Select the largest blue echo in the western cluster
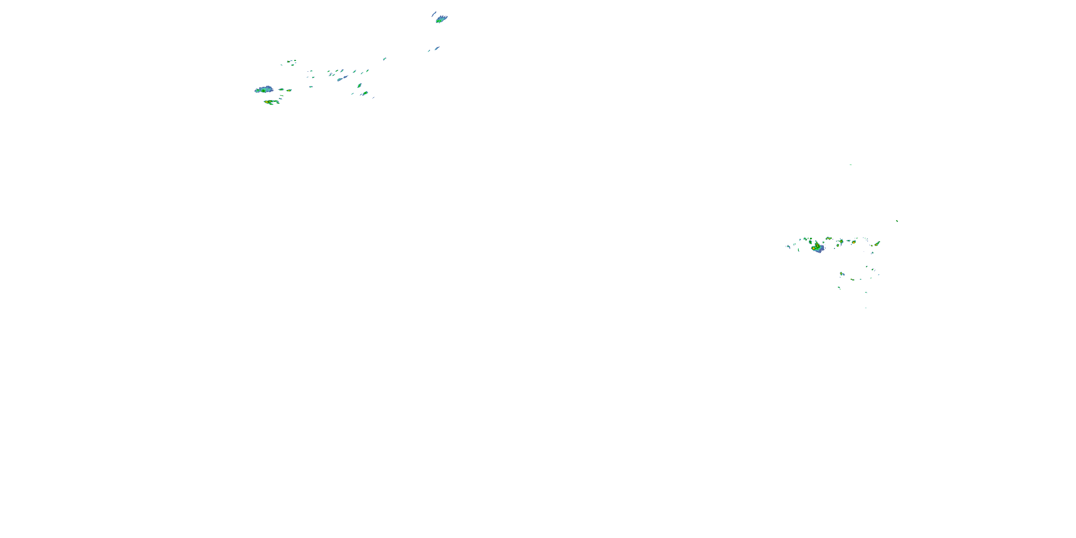click(x=264, y=89)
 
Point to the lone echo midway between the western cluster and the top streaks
click(x=384, y=59)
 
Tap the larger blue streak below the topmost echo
click(x=436, y=48)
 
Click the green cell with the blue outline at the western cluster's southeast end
click(x=365, y=93)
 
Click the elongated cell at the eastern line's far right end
click(x=877, y=243)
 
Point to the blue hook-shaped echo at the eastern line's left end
click(x=788, y=246)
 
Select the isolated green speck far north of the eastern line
click(x=850, y=165)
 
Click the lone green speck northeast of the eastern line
click(x=897, y=221)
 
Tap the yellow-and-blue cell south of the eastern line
click(x=842, y=274)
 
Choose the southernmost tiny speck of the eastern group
click(x=865, y=308)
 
